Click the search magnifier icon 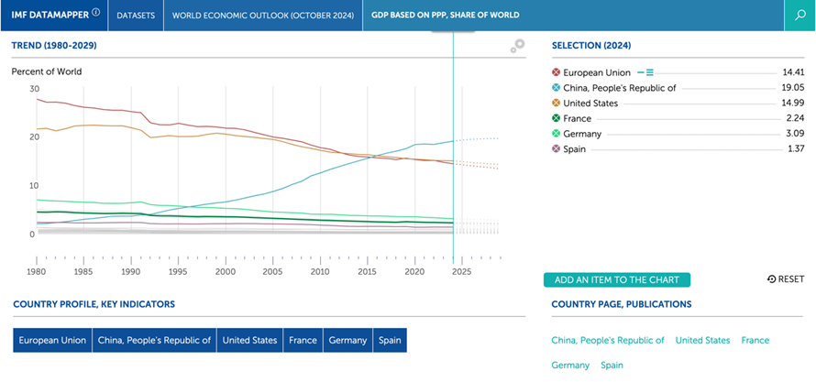click(799, 15)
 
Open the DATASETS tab click(136, 15)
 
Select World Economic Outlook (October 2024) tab click(263, 15)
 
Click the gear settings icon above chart click(517, 46)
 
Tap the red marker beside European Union click(557, 72)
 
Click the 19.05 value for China click(794, 88)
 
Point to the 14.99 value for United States click(794, 103)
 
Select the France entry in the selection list click(577, 118)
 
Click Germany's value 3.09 click(796, 134)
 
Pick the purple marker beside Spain click(557, 149)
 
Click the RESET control click(786, 279)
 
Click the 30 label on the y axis click(34, 89)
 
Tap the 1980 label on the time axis click(37, 272)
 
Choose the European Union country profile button click(52, 341)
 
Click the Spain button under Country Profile click(390, 341)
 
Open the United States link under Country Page click(702, 341)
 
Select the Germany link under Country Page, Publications click(570, 366)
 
